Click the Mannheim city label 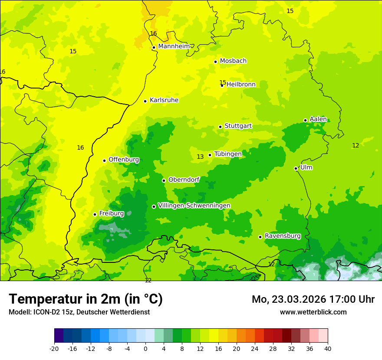tap(174, 46)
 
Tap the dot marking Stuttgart tap(220, 127)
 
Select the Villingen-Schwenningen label tap(194, 206)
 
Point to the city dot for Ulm tap(296, 168)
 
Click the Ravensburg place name tap(283, 236)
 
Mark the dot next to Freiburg tap(95, 214)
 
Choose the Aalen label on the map tap(318, 119)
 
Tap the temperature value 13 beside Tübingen tap(200, 157)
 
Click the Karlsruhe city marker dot tap(145, 101)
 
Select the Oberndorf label tap(184, 180)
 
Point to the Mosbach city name tap(233, 61)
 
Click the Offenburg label tap(124, 160)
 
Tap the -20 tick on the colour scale tap(54, 348)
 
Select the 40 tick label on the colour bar tap(327, 348)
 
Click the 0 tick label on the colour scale tap(145, 348)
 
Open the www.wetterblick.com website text tap(313, 312)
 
